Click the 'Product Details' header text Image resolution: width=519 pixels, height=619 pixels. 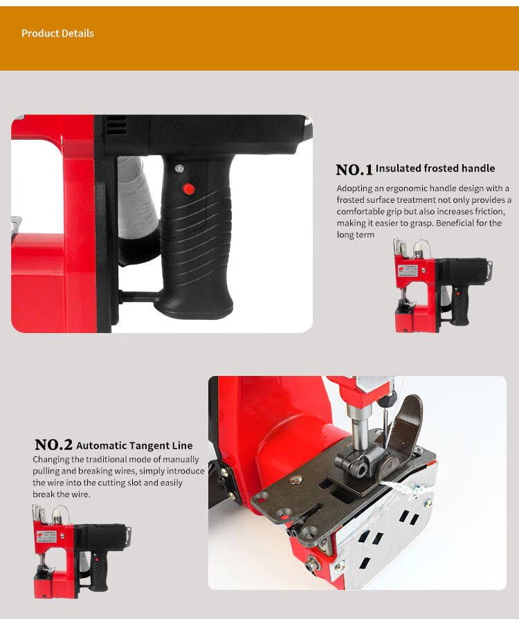click(57, 33)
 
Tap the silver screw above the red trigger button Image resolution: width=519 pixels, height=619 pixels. click(179, 168)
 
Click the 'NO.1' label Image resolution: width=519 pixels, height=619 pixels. click(354, 170)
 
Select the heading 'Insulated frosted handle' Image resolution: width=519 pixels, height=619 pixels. click(435, 168)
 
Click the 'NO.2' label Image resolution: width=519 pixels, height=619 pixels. click(54, 445)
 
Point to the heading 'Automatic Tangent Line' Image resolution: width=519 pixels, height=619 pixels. click(134, 446)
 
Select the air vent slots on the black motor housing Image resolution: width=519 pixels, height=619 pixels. click(116, 125)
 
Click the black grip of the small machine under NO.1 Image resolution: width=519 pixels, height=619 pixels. click(459, 305)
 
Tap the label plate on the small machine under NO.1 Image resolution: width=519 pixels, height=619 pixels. click(408, 271)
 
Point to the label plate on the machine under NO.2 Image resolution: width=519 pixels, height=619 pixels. click(46, 536)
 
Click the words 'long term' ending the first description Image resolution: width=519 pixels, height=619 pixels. click(355, 235)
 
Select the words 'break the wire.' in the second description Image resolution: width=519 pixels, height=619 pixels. click(62, 494)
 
